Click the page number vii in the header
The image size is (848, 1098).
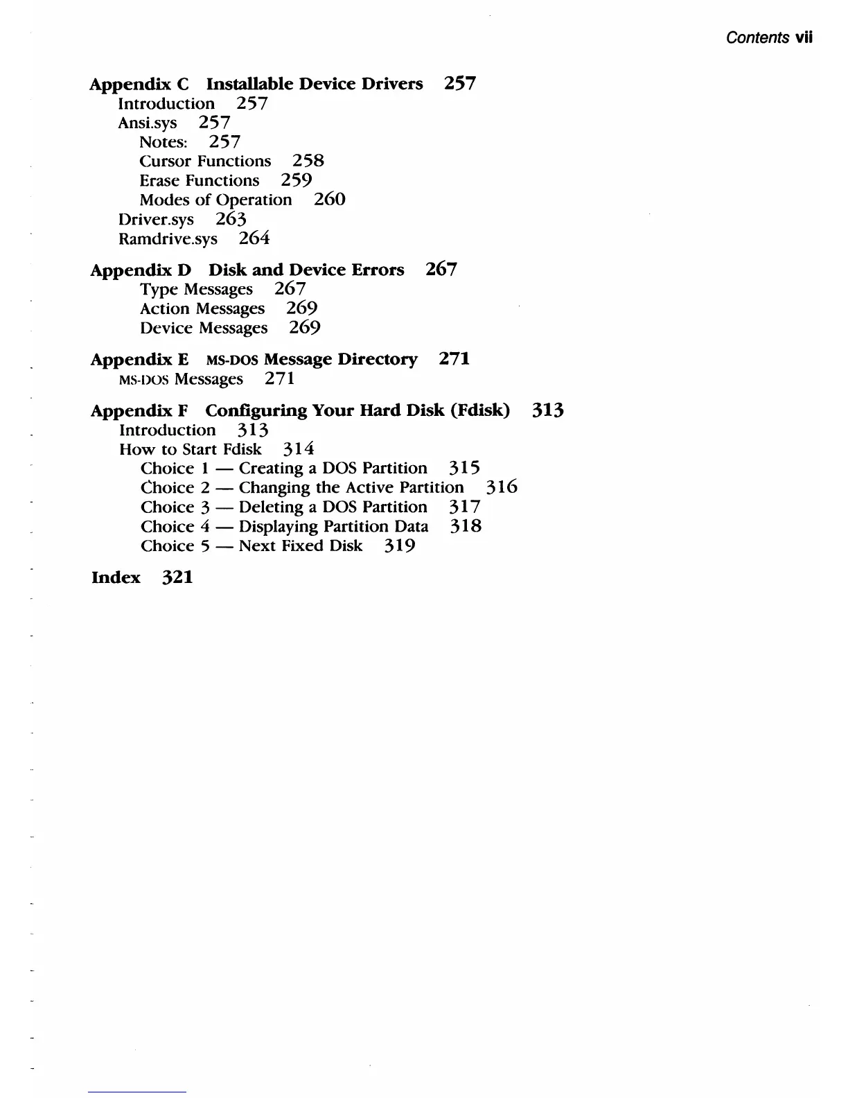pos(804,37)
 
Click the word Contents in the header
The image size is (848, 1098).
pos(757,37)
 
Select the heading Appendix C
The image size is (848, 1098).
pos(139,84)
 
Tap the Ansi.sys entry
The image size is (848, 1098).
pos(148,123)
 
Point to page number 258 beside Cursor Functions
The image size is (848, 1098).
pos(308,161)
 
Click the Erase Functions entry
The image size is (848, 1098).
pos(200,180)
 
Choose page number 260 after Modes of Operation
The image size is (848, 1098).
pos(329,200)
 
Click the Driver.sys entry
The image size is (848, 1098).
pos(156,220)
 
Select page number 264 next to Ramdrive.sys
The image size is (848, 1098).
pos(254,238)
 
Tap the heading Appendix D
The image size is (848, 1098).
pos(141,270)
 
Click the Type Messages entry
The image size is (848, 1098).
pos(196,289)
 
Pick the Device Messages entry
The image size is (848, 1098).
pos(204,328)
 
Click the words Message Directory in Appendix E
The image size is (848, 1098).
pos(341,359)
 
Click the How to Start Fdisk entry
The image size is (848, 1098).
pos(191,449)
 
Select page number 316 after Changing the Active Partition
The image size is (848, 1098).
pos(501,487)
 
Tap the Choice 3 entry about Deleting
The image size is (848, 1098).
pos(284,507)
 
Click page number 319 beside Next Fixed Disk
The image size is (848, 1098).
pos(400,546)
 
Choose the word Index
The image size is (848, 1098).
pos(116,577)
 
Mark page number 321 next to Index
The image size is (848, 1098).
pos(177,577)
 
